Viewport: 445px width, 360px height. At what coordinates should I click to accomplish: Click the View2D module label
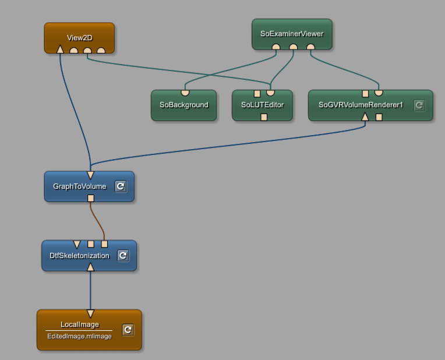pyautogui.click(x=79, y=38)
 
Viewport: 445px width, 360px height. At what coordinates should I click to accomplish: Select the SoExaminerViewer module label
pyautogui.click(x=292, y=34)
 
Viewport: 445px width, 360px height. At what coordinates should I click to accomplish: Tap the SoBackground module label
pyautogui.click(x=183, y=105)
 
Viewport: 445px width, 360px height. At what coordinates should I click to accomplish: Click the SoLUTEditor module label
pyautogui.click(x=262, y=105)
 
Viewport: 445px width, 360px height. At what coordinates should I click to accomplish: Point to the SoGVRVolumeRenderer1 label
pyautogui.click(x=361, y=105)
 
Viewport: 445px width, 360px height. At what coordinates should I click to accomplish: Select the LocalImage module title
pyautogui.click(x=80, y=324)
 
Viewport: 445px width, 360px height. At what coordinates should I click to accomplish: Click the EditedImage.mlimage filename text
pyautogui.click(x=79, y=337)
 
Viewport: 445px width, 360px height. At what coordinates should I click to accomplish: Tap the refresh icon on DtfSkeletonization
pyautogui.click(x=123, y=256)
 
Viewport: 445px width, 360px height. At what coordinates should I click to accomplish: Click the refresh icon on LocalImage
pyautogui.click(x=128, y=330)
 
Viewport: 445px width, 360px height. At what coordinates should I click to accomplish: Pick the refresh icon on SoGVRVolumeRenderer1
pyautogui.click(x=419, y=105)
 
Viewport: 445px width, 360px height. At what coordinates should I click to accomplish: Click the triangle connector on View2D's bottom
pyautogui.click(x=60, y=50)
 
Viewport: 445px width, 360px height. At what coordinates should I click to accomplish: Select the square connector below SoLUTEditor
pyautogui.click(x=264, y=117)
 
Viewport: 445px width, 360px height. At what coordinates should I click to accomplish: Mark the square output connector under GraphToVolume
pyautogui.click(x=90, y=198)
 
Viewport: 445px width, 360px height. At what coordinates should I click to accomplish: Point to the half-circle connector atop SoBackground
pyautogui.click(x=185, y=92)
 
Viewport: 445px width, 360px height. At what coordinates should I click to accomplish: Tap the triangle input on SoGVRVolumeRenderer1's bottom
pyautogui.click(x=365, y=117)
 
